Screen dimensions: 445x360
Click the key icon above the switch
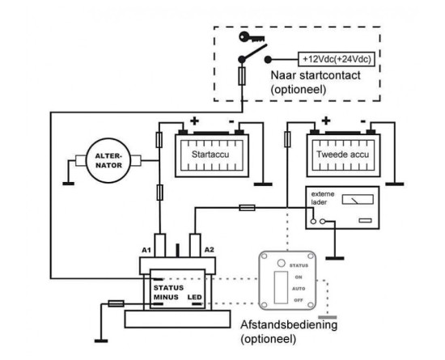click(x=252, y=37)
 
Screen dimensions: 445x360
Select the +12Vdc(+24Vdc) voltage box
click(x=337, y=59)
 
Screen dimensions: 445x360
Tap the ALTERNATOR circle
click(x=108, y=161)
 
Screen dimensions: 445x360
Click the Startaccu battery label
click(x=210, y=155)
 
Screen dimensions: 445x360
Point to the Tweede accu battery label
click(x=342, y=155)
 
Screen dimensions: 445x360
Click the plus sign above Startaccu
click(x=194, y=121)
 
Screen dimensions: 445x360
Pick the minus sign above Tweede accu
click(x=363, y=121)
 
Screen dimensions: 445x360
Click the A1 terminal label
click(x=146, y=250)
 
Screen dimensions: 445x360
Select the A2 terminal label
click(x=210, y=250)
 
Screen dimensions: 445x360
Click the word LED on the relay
click(x=195, y=297)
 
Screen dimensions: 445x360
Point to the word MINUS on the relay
click(x=166, y=297)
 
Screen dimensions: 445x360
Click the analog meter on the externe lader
click(x=358, y=200)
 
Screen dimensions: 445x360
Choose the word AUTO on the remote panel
click(x=299, y=289)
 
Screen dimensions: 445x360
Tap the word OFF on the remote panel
click(x=299, y=300)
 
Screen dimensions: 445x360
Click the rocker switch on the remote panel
click(x=281, y=287)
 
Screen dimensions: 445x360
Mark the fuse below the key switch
click(x=242, y=76)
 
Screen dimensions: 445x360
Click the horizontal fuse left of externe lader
click(x=247, y=208)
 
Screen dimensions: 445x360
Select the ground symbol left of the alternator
click(x=69, y=184)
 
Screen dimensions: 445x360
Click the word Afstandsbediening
click(x=289, y=324)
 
